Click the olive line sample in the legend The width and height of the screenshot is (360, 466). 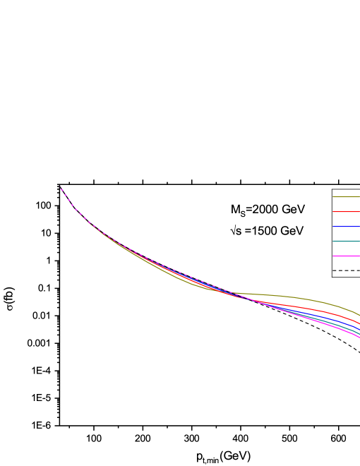(346, 196)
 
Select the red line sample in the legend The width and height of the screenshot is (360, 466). (346, 211)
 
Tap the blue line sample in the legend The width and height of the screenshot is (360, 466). (346, 226)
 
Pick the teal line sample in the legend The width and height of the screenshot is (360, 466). (346, 241)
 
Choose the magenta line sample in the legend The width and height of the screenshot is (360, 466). (346, 256)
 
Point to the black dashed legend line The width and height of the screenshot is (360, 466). (346, 270)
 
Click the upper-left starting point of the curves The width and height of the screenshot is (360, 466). (61, 188)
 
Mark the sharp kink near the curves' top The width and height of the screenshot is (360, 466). (74, 208)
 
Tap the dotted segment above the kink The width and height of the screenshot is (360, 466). (67, 198)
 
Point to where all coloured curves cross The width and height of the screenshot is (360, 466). (236, 294)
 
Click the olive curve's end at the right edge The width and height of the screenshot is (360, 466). (359, 315)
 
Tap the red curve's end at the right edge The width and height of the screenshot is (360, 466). (359, 323)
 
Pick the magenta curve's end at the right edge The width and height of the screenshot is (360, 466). (359, 337)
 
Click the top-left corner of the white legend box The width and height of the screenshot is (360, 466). (332, 189)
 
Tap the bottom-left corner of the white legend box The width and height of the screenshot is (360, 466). (332, 276)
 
